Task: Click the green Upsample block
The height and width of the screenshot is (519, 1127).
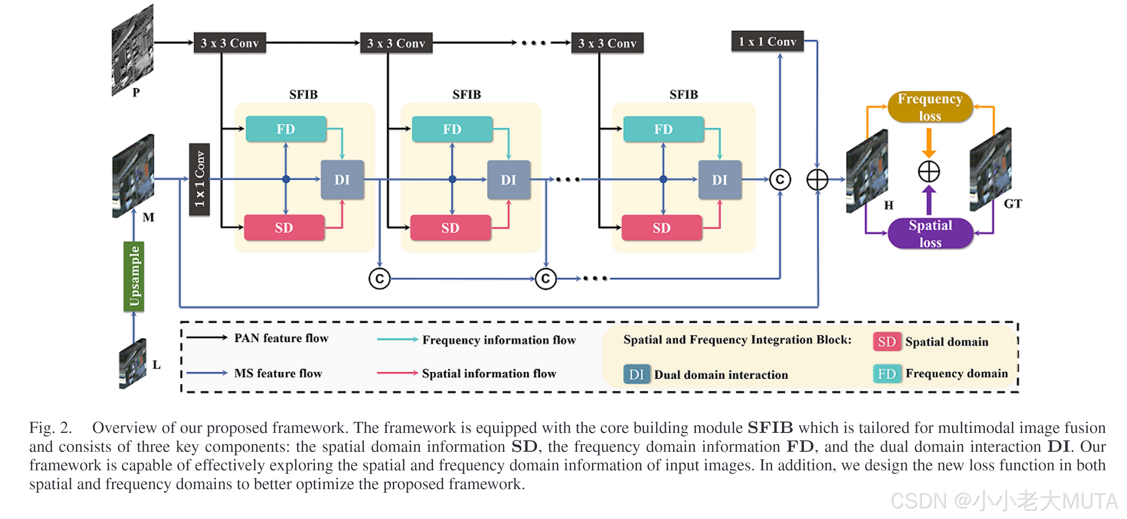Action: tap(134, 276)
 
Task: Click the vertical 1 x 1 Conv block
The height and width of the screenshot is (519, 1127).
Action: tap(200, 179)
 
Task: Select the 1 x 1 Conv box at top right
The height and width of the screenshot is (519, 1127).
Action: tap(767, 42)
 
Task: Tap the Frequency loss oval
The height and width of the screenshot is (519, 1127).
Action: tap(930, 107)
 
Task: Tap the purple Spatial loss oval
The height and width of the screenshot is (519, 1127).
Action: tap(930, 233)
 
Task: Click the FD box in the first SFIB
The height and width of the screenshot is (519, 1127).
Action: tap(286, 129)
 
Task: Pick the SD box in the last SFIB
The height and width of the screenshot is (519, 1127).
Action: tap(661, 228)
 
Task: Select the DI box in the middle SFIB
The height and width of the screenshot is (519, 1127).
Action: tap(508, 180)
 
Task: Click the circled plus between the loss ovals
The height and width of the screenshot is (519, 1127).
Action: tap(928, 171)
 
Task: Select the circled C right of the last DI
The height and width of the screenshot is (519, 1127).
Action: tap(780, 180)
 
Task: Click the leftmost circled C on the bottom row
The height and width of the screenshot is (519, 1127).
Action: tap(379, 279)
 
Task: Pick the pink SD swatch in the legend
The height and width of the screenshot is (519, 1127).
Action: tap(886, 341)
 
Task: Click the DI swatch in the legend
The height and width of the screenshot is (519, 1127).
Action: tap(636, 374)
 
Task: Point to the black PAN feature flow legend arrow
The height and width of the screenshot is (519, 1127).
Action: tap(207, 338)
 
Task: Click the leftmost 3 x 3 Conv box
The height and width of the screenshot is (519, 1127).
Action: tap(230, 43)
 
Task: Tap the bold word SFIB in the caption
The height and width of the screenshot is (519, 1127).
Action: tap(770, 427)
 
